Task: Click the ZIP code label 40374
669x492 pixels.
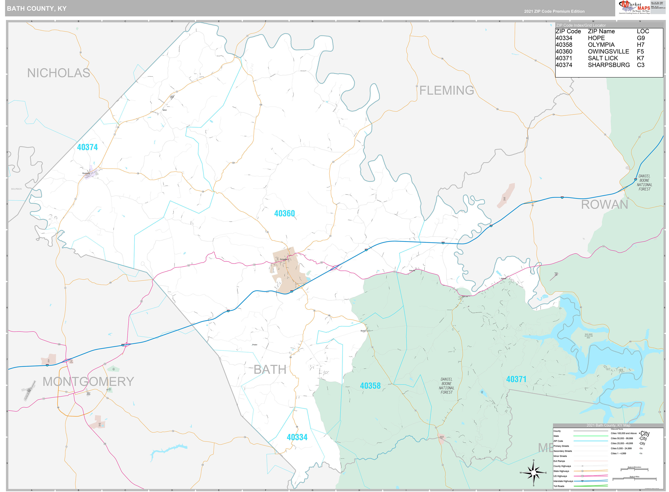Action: pos(87,147)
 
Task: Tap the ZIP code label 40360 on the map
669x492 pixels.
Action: pos(284,213)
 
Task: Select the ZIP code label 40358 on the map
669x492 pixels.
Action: pos(370,386)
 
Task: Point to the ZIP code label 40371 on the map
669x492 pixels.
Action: pos(516,379)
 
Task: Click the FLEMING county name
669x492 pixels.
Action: pos(446,90)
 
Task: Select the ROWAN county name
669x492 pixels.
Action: pos(604,205)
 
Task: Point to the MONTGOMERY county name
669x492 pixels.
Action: pos(88,381)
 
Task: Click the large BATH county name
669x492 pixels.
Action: pos(270,370)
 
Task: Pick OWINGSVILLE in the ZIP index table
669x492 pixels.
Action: pos(608,51)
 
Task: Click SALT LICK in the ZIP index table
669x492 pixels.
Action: pos(603,58)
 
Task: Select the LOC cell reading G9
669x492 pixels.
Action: pos(641,38)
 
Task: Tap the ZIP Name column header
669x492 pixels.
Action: pos(601,31)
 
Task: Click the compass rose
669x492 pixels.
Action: pos(533,473)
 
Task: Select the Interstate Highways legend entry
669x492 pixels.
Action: pos(563,481)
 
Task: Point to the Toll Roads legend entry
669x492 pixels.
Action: pos(559,486)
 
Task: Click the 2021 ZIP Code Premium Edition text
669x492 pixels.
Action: pos(554,11)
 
